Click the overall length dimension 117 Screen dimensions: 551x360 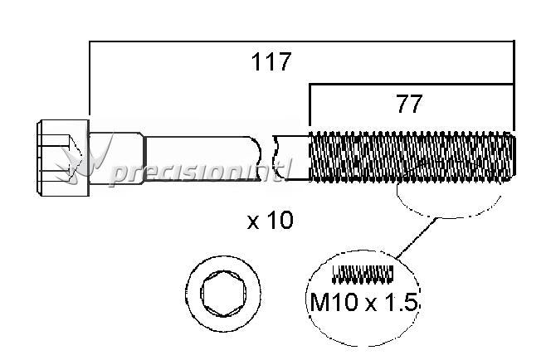click(271, 62)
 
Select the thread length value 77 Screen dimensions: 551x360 click(409, 104)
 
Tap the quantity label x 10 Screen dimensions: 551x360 click(271, 221)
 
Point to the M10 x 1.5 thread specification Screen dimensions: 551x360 click(363, 302)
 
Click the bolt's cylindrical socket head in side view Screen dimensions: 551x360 click(63, 158)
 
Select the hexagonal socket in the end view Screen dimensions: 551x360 click(223, 294)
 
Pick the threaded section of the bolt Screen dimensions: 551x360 click(412, 157)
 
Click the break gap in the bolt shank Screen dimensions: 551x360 click(267, 158)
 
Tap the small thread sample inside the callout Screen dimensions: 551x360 click(363, 275)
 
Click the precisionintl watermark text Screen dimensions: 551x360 click(200, 172)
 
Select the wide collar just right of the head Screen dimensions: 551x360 click(116, 158)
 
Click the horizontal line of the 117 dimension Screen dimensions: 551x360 click(302, 41)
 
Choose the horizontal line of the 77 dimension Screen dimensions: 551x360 click(411, 85)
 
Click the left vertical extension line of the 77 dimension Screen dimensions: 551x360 click(310, 105)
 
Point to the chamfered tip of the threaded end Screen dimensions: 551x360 click(513, 157)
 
